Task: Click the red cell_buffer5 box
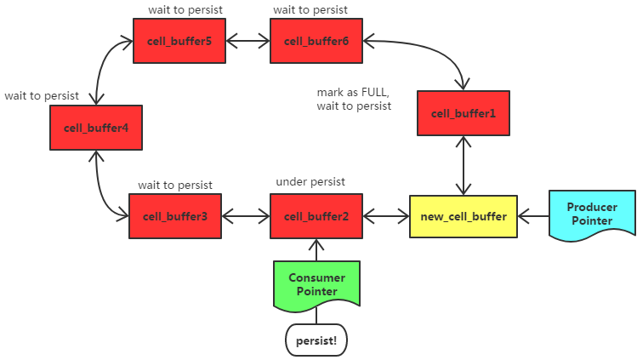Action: click(x=179, y=41)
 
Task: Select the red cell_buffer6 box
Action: click(x=316, y=41)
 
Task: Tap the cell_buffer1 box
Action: click(x=463, y=114)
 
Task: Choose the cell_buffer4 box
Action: click(x=96, y=129)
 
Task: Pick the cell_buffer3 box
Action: click(x=175, y=216)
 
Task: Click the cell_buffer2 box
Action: click(x=316, y=216)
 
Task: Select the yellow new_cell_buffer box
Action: click(x=464, y=216)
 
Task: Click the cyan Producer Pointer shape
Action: click(x=591, y=214)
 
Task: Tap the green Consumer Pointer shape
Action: click(x=316, y=284)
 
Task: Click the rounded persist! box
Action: click(x=316, y=340)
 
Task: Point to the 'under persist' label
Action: click(x=310, y=182)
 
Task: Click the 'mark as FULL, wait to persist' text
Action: click(x=354, y=99)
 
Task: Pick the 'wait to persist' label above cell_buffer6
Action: click(x=310, y=9)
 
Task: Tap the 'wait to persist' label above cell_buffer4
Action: click(x=41, y=95)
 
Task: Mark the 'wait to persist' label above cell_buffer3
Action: click(x=175, y=184)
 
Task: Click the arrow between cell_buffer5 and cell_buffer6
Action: click(x=247, y=41)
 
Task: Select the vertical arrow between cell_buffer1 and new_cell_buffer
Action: click(x=463, y=165)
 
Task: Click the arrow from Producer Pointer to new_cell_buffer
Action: click(x=533, y=216)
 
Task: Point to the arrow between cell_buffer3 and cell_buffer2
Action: click(x=246, y=216)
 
